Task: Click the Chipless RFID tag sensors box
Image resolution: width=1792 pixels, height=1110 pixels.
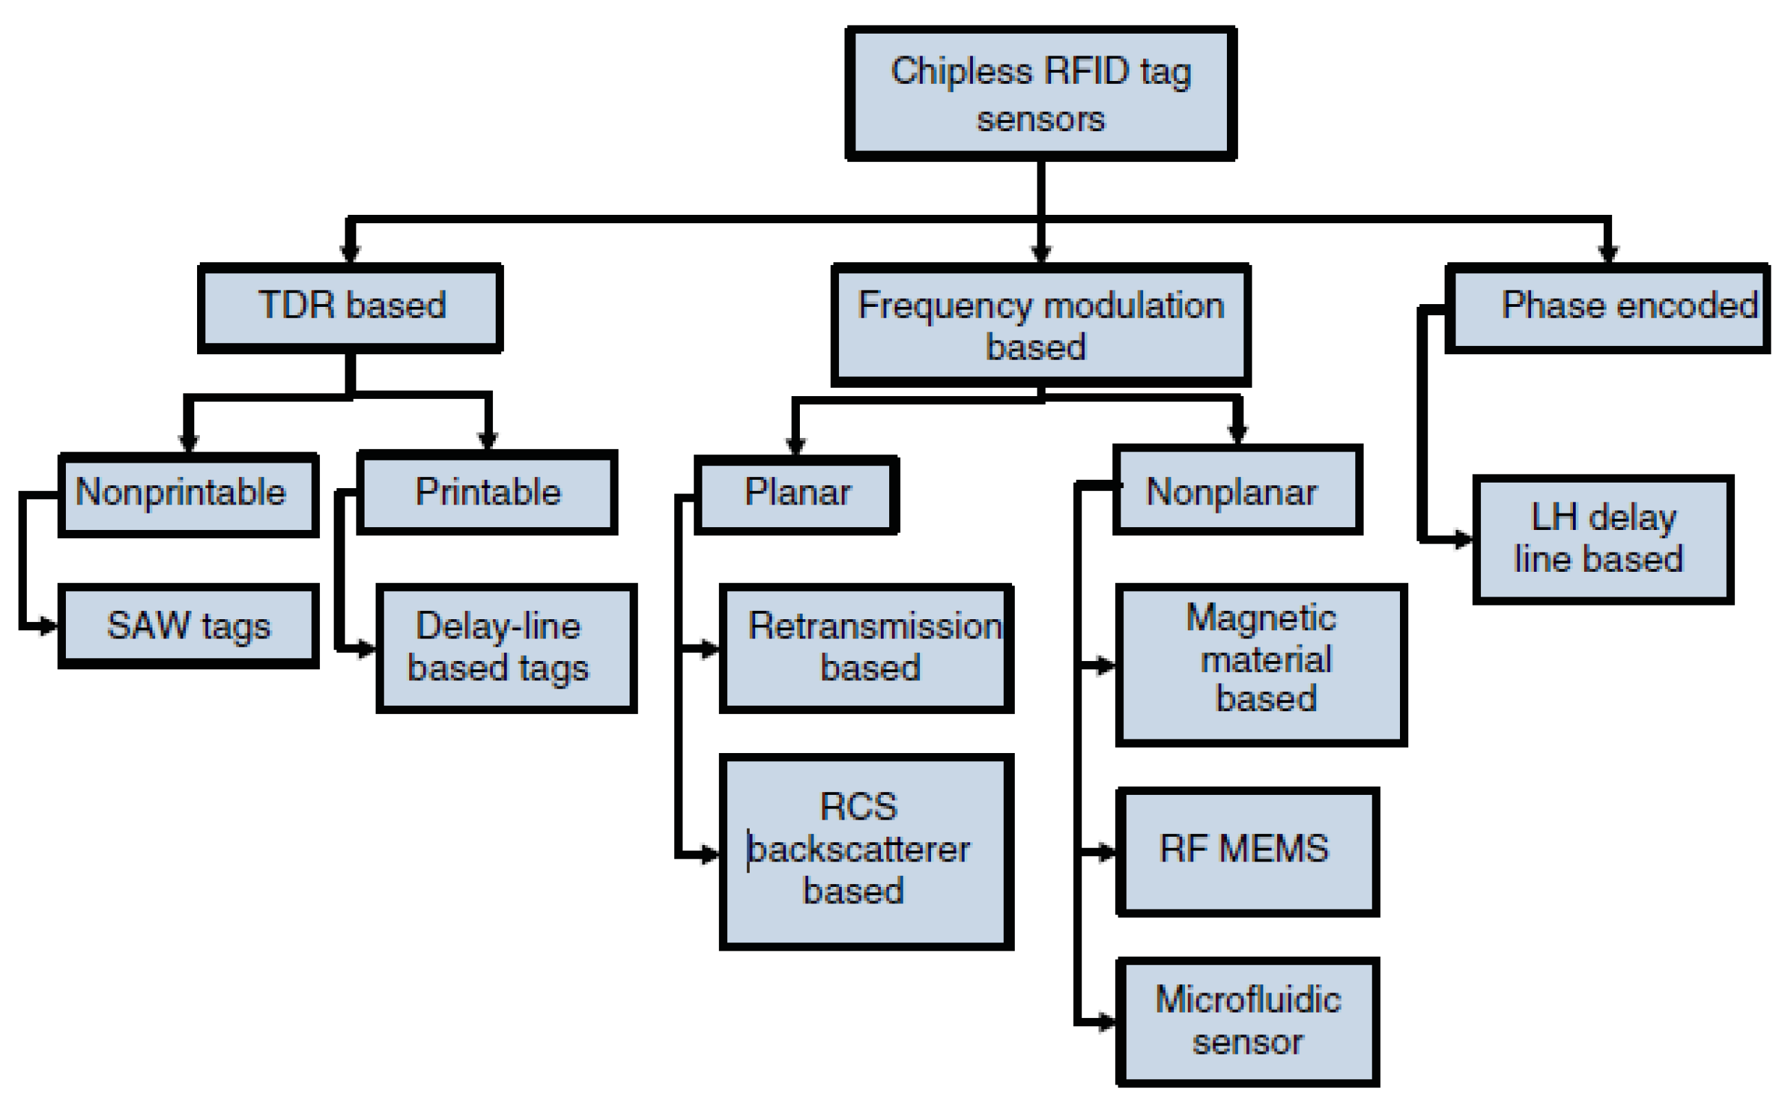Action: pyautogui.click(x=1040, y=94)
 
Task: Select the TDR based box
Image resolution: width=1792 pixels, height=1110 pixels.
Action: pyautogui.click(x=351, y=308)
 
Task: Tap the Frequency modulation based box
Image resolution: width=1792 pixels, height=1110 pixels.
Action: pyautogui.click(x=1040, y=325)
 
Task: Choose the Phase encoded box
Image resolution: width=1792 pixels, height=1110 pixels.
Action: pyautogui.click(x=1608, y=308)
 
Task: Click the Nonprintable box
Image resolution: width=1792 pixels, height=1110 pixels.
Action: pyautogui.click(x=188, y=495)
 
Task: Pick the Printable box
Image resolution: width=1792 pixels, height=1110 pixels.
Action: pyautogui.click(x=487, y=492)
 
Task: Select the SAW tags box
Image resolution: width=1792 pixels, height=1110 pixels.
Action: pyautogui.click(x=188, y=626)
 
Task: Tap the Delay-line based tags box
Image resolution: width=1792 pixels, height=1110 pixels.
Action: pyautogui.click(x=506, y=648)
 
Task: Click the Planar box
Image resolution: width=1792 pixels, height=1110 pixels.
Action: pyautogui.click(x=796, y=495)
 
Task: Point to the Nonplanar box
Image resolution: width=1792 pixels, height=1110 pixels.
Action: pyautogui.click(x=1237, y=489)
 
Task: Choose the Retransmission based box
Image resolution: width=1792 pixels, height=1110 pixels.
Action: pyautogui.click(x=866, y=648)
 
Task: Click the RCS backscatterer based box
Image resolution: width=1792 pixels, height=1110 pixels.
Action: pyautogui.click(x=866, y=852)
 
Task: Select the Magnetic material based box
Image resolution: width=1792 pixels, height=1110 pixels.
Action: pyautogui.click(x=1261, y=665)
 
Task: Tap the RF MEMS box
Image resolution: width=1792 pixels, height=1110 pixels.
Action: pyautogui.click(x=1248, y=852)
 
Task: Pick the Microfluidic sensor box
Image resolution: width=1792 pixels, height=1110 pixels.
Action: pyautogui.click(x=1248, y=1021)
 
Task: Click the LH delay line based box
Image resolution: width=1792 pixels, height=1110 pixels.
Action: pyautogui.click(x=1603, y=540)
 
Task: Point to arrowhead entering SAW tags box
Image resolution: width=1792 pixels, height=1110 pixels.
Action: pyautogui.click(x=49, y=626)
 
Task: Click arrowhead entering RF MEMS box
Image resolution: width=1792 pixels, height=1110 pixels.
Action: pyautogui.click(x=1107, y=853)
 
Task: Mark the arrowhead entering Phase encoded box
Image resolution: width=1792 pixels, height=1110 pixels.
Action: pyautogui.click(x=1608, y=254)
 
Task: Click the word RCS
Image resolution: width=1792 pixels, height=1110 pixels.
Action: pyautogui.click(x=858, y=807)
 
